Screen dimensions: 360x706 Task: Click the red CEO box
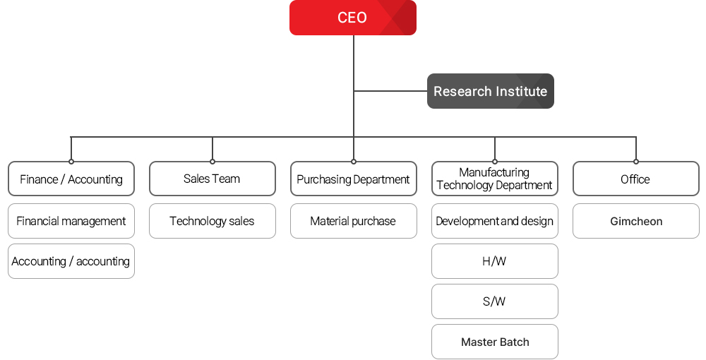point(352,18)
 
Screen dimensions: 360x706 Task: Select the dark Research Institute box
point(490,91)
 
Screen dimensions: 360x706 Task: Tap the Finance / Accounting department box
point(71,179)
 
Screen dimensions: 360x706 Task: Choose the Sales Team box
point(212,179)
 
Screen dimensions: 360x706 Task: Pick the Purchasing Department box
point(353,179)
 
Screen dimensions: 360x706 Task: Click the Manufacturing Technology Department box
point(494,179)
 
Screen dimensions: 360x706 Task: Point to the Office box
point(635,179)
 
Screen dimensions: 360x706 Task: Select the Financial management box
point(71,221)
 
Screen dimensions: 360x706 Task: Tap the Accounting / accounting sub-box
point(71,261)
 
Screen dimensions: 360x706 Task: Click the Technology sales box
point(212,221)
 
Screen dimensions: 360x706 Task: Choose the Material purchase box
point(353,221)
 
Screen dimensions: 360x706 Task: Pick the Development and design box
point(494,221)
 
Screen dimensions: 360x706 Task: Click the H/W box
point(494,261)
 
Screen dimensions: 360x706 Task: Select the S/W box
point(494,301)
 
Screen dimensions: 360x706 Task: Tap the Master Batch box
point(494,342)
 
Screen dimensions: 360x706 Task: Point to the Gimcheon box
point(635,221)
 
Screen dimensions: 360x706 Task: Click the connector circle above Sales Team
point(213,162)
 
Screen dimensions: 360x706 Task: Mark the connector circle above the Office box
point(636,162)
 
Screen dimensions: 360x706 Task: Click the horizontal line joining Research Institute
point(390,91)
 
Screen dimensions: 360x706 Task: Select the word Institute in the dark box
point(520,91)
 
